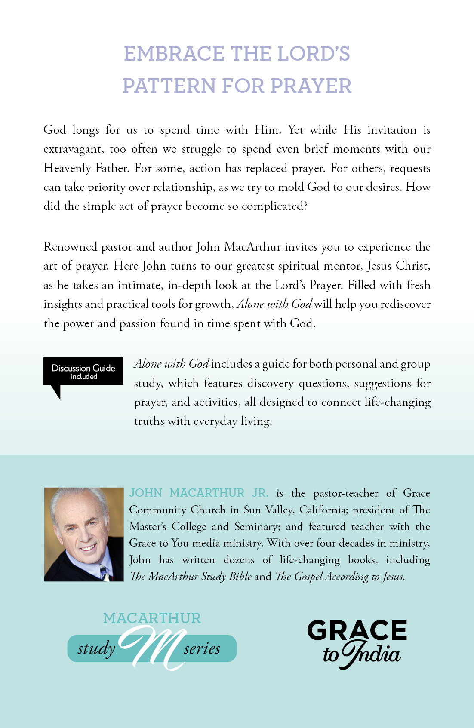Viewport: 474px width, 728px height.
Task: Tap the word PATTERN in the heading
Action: tap(169, 86)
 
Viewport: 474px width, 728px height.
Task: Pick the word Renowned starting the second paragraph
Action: tap(71, 247)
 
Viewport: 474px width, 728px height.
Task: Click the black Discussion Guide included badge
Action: tap(83, 372)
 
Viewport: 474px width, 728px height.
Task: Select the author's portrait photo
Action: tap(84, 534)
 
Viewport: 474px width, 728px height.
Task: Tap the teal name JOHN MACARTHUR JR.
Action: tap(199, 493)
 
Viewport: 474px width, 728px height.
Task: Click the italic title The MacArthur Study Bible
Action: tap(191, 577)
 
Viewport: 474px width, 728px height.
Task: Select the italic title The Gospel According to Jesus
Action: tap(340, 577)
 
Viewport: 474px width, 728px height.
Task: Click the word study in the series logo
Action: tap(96, 648)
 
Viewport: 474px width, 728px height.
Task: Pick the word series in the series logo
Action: tap(202, 648)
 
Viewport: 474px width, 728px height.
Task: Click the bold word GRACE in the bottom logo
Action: tap(357, 630)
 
